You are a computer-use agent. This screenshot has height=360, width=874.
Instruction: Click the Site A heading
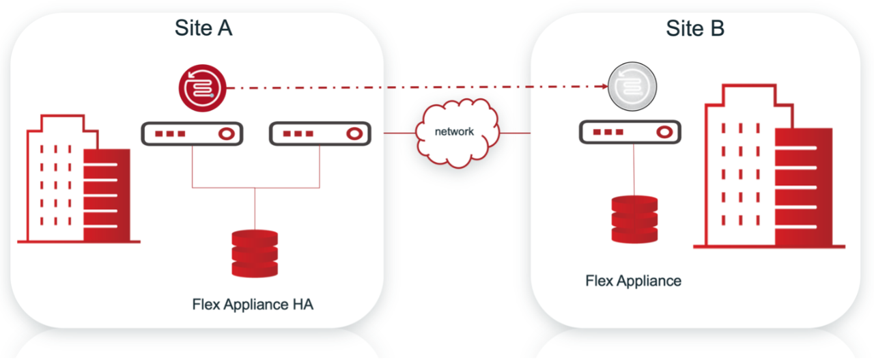[203, 28]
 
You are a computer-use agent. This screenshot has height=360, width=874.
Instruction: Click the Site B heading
[695, 28]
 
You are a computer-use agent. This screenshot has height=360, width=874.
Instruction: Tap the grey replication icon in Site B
[632, 87]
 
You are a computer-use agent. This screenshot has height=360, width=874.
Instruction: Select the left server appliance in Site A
[192, 134]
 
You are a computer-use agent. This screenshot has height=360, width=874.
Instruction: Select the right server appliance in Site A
[320, 134]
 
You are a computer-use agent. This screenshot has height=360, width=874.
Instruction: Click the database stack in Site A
[255, 253]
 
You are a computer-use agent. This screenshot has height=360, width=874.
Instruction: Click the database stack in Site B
[634, 219]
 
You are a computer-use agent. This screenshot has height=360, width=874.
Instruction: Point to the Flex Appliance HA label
[253, 305]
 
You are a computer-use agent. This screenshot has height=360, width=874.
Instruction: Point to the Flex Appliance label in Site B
[633, 281]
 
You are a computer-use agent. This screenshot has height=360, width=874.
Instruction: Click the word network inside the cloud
[454, 131]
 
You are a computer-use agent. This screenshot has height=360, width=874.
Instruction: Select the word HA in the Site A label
[300, 305]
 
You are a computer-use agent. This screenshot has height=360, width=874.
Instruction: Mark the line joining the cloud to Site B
[516, 133]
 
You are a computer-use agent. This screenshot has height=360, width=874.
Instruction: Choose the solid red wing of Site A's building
[107, 195]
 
